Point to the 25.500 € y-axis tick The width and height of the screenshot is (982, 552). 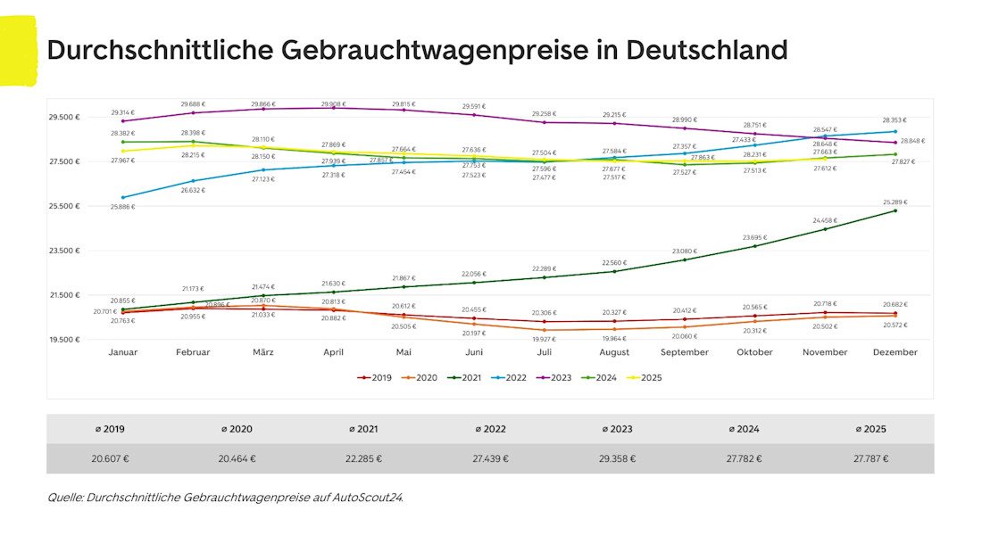point(64,206)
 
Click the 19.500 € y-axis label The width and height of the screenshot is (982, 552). point(64,340)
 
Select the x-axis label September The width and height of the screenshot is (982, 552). point(685,352)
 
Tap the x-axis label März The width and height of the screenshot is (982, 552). point(263,352)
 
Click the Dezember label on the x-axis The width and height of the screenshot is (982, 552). point(895,352)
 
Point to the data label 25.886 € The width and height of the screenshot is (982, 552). point(122,207)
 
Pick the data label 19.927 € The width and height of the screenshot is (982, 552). point(544,339)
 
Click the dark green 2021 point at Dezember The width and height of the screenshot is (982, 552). point(895,210)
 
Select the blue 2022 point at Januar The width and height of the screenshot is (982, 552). point(123,197)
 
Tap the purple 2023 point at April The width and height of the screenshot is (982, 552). point(334,108)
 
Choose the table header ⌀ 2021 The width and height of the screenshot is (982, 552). point(364,429)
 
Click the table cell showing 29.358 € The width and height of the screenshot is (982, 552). point(617,458)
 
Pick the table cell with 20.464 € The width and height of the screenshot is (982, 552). point(237,458)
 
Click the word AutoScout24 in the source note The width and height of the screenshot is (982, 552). point(368,498)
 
